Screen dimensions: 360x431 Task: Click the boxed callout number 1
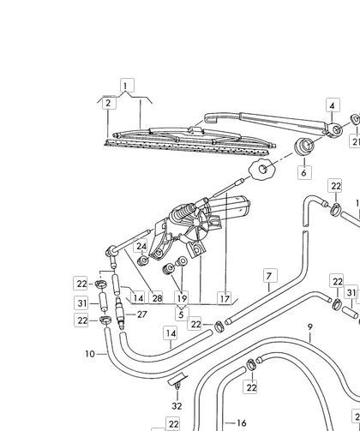tap(127, 85)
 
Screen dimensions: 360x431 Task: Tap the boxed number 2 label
tap(109, 103)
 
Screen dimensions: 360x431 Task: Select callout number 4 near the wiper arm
tap(333, 105)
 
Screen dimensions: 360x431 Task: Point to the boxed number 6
tap(304, 172)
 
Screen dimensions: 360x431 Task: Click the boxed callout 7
tap(270, 276)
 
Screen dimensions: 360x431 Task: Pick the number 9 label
tap(310, 326)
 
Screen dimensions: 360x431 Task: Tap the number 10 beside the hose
tap(90, 354)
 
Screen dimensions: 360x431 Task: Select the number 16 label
tap(242, 422)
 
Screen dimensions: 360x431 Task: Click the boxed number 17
tap(225, 298)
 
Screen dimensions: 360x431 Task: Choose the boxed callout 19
tap(182, 298)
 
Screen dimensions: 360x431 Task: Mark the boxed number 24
tap(141, 246)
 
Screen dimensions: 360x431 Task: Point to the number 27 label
tap(142, 314)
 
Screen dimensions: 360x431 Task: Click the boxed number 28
tap(157, 298)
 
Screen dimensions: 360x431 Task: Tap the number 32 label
tap(177, 406)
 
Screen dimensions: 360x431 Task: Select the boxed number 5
tap(182, 314)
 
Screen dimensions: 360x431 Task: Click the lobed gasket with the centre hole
tap(261, 170)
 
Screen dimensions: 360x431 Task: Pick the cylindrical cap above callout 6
tap(304, 147)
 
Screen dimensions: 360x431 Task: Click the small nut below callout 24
tap(143, 260)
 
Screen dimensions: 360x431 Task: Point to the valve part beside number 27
tap(120, 313)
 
